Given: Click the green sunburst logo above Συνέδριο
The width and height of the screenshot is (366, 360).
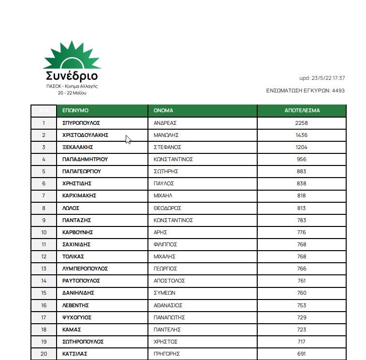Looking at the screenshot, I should (x=72, y=55).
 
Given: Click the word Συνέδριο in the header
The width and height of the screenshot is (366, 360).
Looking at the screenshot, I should (x=72, y=76).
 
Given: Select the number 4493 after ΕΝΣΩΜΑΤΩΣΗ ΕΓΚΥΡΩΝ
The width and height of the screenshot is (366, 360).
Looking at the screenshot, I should (x=338, y=90).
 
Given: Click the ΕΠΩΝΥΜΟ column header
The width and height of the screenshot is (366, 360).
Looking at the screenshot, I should (x=75, y=110).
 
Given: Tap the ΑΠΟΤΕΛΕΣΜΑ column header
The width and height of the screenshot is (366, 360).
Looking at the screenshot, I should (x=302, y=110).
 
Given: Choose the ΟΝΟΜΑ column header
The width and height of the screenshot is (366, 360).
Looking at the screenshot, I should (x=163, y=110).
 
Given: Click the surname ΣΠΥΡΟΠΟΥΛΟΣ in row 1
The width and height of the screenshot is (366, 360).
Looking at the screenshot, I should (x=81, y=123).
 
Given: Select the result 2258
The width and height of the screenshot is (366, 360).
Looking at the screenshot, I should (x=301, y=123).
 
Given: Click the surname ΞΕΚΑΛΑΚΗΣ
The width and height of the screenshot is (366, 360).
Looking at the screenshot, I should (x=78, y=147).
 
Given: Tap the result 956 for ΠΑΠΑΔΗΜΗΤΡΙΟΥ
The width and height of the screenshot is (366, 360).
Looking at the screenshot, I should (x=301, y=159).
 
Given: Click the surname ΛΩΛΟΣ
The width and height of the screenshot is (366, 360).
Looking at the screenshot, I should (x=71, y=208).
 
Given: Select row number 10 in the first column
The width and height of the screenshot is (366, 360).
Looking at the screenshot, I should (x=44, y=232).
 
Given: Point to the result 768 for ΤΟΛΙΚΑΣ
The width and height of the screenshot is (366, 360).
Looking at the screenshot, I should (x=301, y=256).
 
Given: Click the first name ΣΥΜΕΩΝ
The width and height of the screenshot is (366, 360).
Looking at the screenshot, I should (x=164, y=293).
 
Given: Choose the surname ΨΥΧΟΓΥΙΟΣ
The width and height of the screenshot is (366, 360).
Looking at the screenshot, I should (x=77, y=317).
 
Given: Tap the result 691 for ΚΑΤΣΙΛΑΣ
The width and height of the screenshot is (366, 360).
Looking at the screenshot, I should (x=301, y=354).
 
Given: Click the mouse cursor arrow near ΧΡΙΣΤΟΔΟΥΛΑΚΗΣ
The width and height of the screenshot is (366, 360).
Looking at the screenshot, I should (x=128, y=139).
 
